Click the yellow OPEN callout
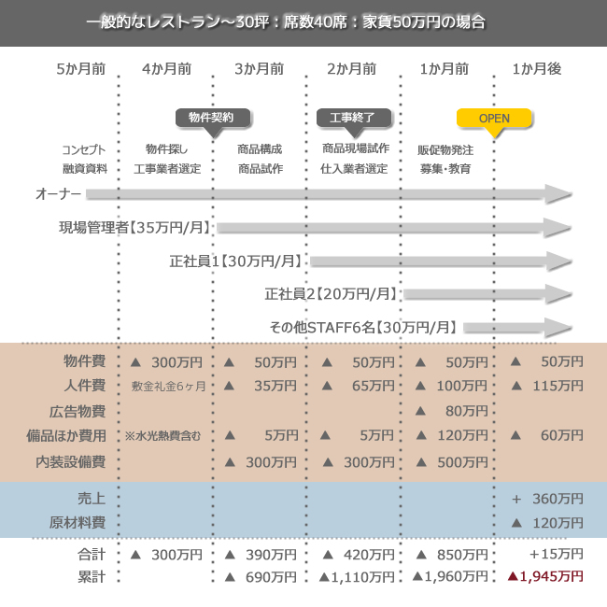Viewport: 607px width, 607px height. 495,119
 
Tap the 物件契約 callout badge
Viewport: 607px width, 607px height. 217,118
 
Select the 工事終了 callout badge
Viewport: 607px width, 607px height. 353,118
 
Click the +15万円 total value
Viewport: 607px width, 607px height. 556,555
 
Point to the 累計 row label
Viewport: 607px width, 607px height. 92,577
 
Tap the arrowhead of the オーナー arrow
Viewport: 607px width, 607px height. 558,194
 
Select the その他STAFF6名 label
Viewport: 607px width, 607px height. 364,327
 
